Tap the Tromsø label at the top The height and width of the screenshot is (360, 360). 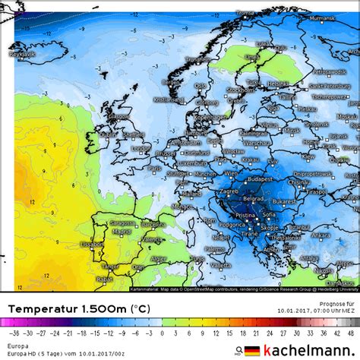[245, 13]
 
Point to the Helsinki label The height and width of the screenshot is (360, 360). [279, 84]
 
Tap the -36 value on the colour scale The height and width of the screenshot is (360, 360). [12, 332]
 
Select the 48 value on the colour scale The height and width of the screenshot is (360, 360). [350, 332]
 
